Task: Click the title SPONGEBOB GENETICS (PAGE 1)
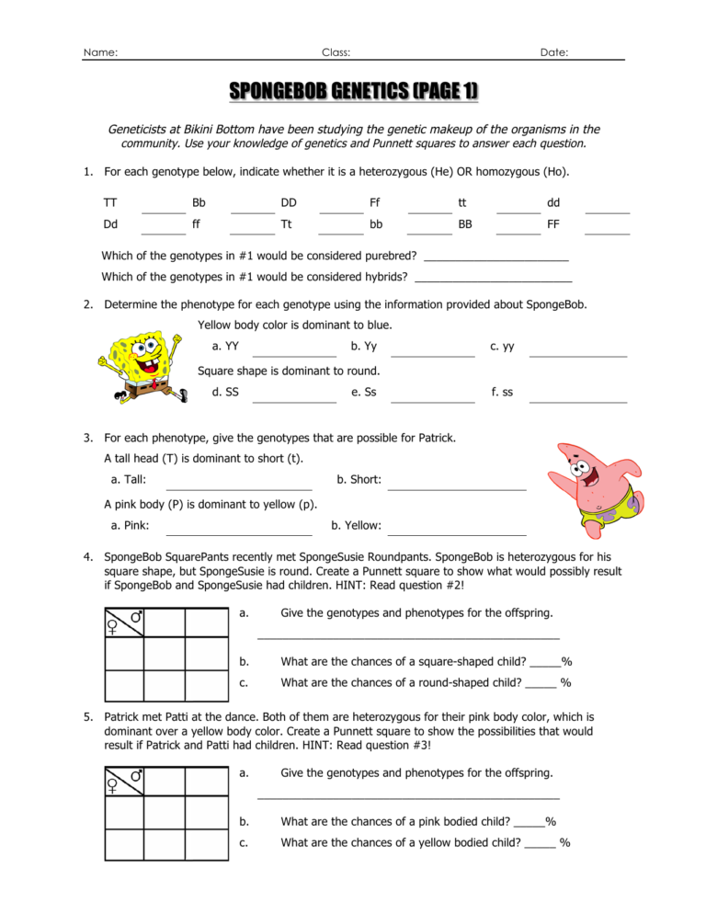tap(353, 92)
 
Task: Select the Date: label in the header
tap(553, 53)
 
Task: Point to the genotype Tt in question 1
tap(287, 223)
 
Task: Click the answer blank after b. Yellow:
tap(457, 531)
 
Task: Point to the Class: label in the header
tap(336, 53)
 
